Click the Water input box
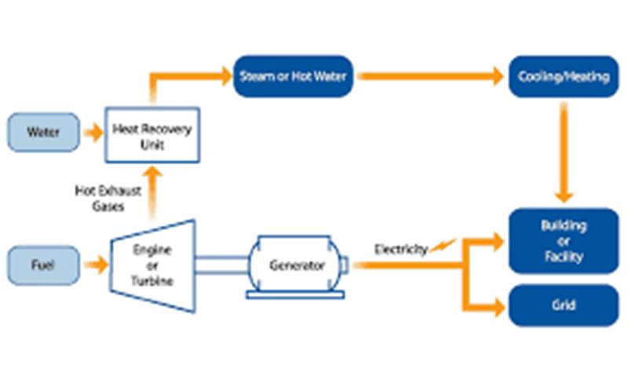44,132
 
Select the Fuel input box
44,265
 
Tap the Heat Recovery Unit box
152,135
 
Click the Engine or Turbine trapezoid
152,265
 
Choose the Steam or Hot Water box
293,76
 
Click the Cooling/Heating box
564,76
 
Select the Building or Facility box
564,241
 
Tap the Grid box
564,305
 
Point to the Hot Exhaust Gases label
108,199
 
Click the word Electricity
401,250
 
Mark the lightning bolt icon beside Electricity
443,245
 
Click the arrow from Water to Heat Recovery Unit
93,133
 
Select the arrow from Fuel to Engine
96,264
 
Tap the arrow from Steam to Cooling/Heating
430,76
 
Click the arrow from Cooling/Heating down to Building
564,152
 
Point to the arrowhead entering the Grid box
499,308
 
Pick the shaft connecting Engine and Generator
222,265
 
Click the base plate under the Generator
296,295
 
